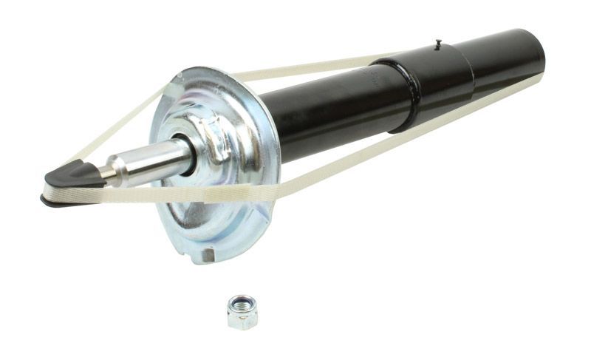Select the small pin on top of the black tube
click(437, 44)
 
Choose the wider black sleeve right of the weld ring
click(443, 78)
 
